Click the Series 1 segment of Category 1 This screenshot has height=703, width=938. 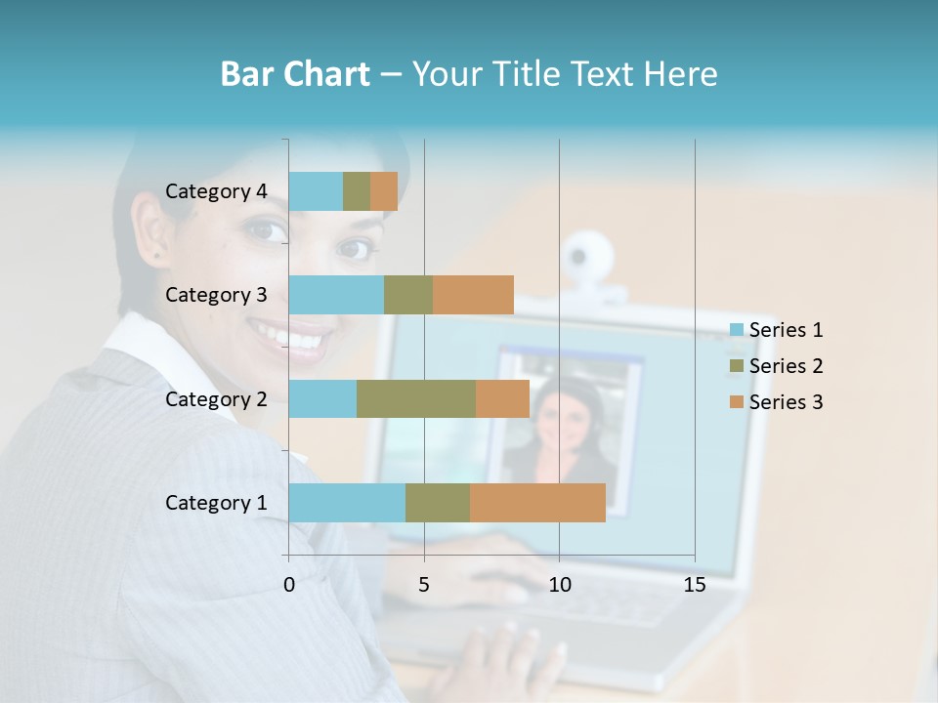point(347,503)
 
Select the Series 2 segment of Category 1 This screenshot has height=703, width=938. point(438,503)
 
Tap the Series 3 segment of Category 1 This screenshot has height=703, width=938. point(537,503)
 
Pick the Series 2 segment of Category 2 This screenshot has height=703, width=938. point(416,398)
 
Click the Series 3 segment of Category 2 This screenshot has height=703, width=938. point(502,398)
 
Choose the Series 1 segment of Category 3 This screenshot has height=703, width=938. point(336,295)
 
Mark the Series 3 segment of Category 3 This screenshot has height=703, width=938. point(473,295)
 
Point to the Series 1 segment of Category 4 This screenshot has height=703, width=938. point(316,191)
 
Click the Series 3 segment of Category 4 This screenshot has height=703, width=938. point(384,191)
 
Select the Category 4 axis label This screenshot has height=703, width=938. point(216,191)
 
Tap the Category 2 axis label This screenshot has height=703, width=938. point(216,398)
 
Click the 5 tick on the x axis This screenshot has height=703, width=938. point(424,585)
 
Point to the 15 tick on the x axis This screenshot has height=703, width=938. point(694,585)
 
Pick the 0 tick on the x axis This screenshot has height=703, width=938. point(289,585)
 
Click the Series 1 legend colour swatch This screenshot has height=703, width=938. point(737,330)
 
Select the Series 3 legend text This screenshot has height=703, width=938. point(786,402)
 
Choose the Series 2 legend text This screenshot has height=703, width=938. point(786,366)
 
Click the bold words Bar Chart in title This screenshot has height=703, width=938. point(295,74)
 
